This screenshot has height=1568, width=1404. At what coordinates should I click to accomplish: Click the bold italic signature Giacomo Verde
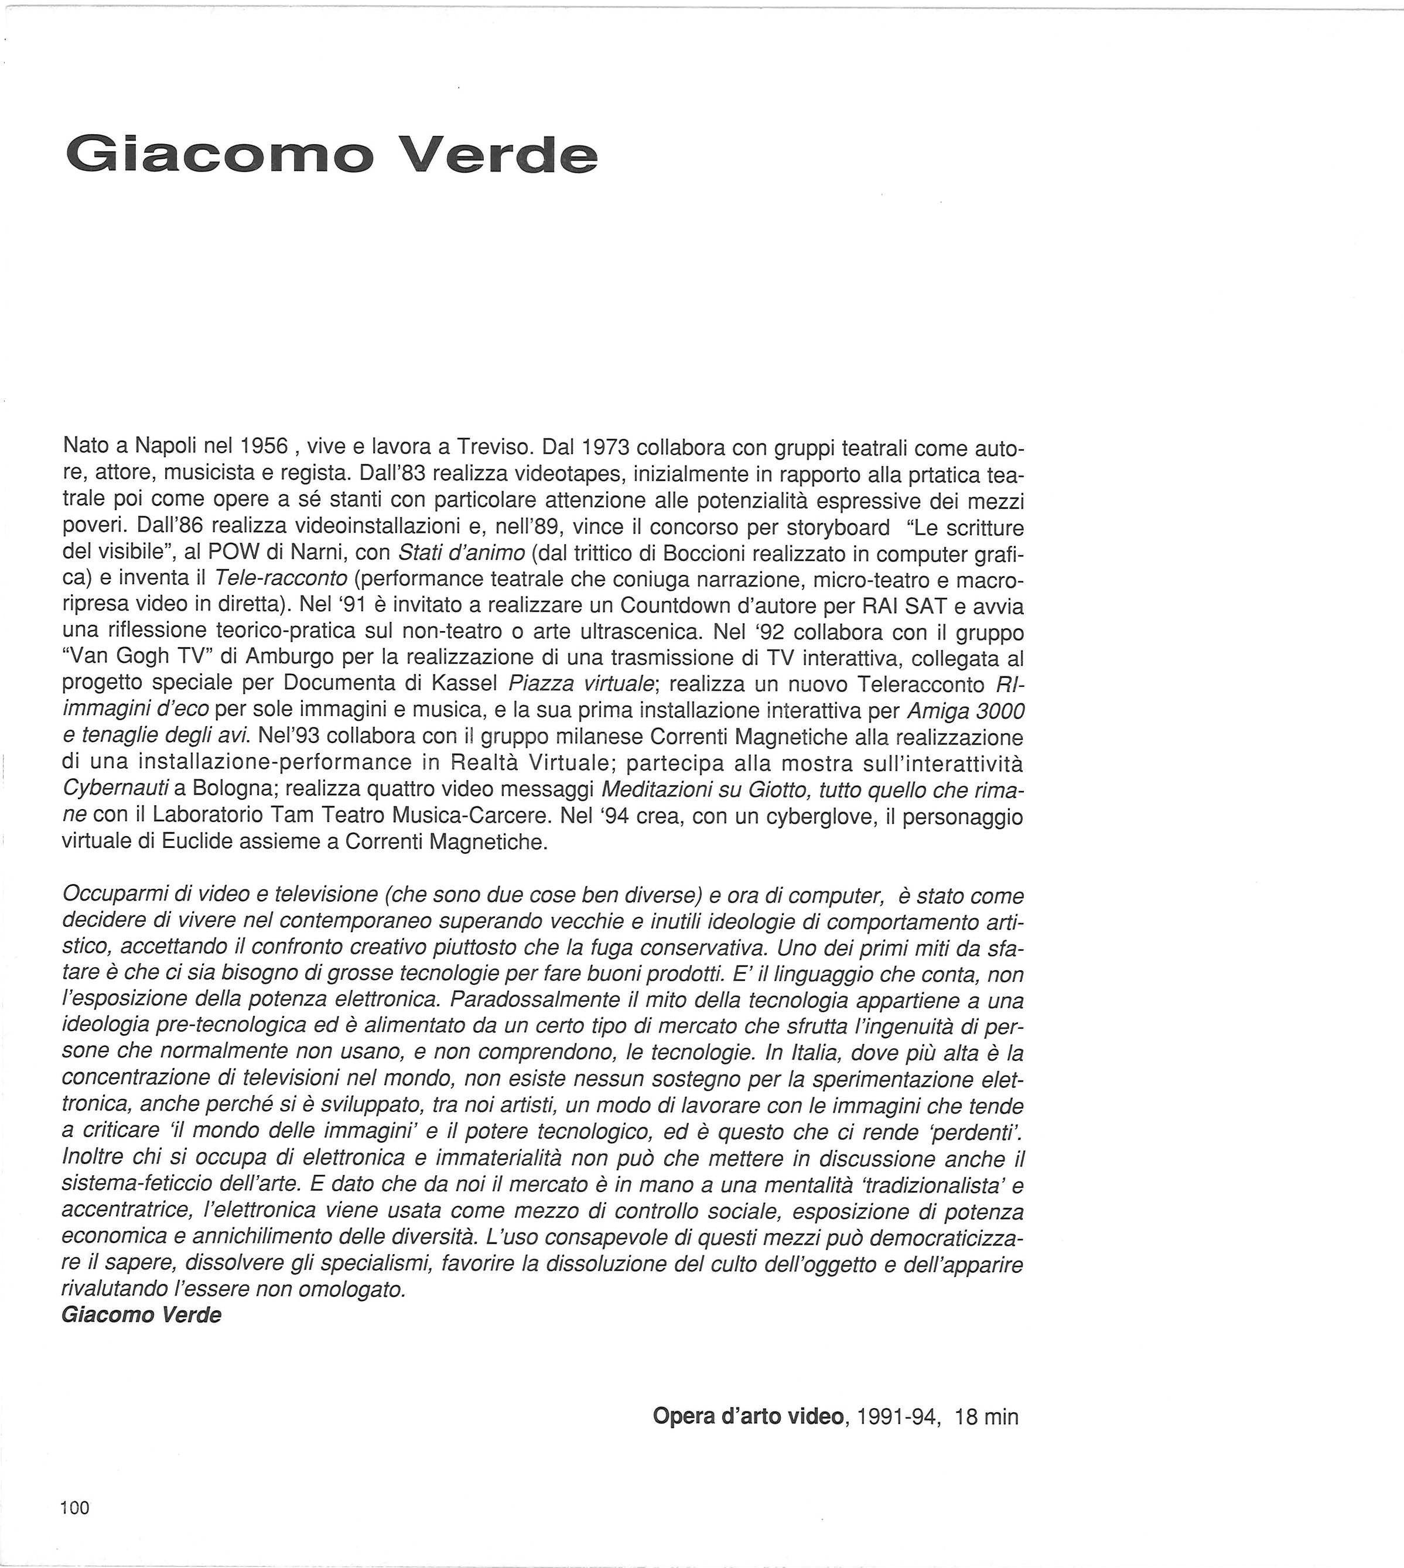click(141, 1315)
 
